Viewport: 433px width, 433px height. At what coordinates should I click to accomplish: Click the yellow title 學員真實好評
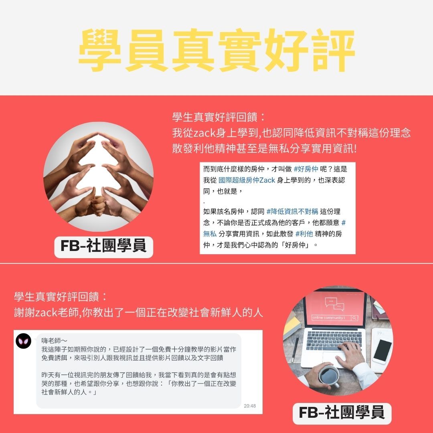[x=216, y=50]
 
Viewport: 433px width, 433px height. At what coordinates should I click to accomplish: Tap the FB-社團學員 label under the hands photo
[x=103, y=246]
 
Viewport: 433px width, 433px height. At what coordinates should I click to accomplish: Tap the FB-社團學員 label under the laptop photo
[x=342, y=413]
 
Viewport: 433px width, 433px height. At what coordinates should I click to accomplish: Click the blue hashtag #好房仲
[x=306, y=169]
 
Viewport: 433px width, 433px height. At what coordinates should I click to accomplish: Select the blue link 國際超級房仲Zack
[x=247, y=180]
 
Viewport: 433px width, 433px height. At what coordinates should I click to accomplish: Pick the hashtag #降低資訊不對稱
[x=292, y=212]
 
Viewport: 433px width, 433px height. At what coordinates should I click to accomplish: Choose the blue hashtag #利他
[x=304, y=234]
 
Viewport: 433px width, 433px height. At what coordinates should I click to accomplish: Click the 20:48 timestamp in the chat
[x=250, y=406]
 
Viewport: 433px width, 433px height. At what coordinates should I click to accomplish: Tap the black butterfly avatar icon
[x=24, y=341]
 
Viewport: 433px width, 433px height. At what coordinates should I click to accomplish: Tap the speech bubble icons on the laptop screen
[x=334, y=304]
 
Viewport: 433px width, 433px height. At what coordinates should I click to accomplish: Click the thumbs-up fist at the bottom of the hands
[x=98, y=206]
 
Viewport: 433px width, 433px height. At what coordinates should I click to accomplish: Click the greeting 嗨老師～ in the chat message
[x=54, y=341]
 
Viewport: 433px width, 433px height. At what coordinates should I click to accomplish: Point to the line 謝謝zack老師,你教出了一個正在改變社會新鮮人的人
[x=138, y=313]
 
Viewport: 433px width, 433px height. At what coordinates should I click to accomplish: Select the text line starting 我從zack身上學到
[x=291, y=133]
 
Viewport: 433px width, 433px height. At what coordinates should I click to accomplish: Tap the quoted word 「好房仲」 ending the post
[x=297, y=245]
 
